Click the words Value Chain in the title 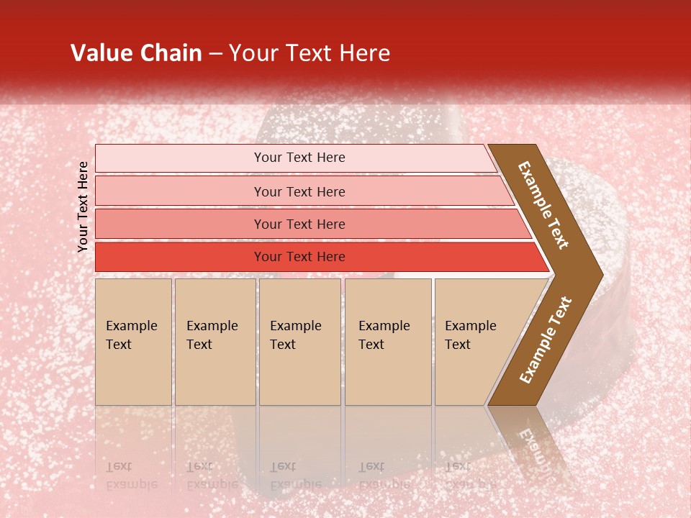coord(136,53)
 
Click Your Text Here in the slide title coord(310,53)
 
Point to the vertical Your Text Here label coord(83,206)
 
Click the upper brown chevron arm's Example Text coord(544,205)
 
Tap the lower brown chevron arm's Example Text coord(546,340)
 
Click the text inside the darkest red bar coord(299,257)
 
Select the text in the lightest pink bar coord(299,158)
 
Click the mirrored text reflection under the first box coord(130,475)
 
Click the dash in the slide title coord(215,54)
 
